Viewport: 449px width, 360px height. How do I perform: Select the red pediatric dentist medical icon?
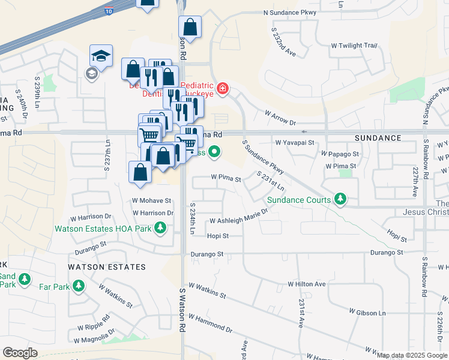click(x=223, y=89)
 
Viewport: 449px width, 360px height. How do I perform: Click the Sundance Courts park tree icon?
click(x=340, y=199)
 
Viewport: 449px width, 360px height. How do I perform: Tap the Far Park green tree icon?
click(x=78, y=287)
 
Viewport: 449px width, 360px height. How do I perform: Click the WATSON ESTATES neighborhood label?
click(x=107, y=266)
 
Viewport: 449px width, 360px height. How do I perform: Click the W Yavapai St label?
click(x=295, y=143)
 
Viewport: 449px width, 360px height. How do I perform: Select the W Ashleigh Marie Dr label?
click(x=238, y=220)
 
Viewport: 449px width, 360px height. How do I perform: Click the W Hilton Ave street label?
click(x=306, y=284)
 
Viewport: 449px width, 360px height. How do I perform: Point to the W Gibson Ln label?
click(x=367, y=313)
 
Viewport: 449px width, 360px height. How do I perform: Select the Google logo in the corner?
click(x=20, y=353)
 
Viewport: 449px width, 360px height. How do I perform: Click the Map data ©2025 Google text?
click(x=412, y=355)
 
